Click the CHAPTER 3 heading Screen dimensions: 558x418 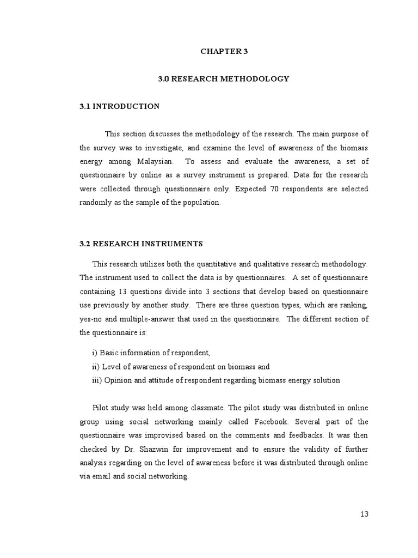[x=224, y=52]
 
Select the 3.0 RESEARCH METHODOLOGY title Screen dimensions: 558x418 [x=224, y=79]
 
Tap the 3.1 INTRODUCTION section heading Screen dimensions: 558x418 [x=119, y=106]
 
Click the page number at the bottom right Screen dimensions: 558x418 [x=364, y=514]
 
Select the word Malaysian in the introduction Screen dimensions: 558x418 [x=153, y=161]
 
